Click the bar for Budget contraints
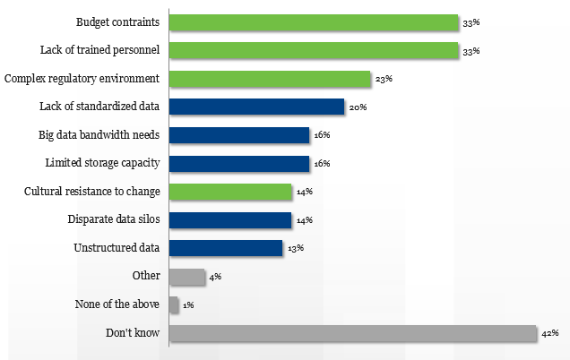point(314,22)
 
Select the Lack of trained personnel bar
point(314,51)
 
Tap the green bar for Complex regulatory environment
point(270,79)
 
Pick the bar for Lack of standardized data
point(256,107)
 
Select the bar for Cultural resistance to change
point(230,192)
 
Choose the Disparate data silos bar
point(230,220)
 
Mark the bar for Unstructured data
point(226,248)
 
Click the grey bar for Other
point(187,277)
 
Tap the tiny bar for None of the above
point(174,304)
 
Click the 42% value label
point(551,333)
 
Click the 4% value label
point(216,278)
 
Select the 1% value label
point(189,305)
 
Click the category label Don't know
point(133,333)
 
